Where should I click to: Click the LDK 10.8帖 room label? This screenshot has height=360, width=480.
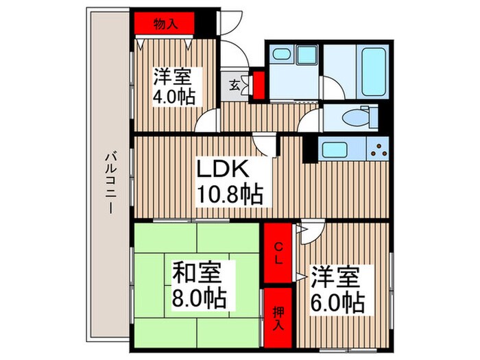pos(229,182)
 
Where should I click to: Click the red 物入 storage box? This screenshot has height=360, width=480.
pos(165,23)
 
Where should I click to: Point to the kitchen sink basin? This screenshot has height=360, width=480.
pos(336,149)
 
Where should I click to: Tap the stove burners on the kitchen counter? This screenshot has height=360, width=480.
pos(379,147)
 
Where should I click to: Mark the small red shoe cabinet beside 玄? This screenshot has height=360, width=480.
pos(259,85)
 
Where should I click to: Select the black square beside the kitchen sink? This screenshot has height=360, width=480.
pos(308,147)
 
